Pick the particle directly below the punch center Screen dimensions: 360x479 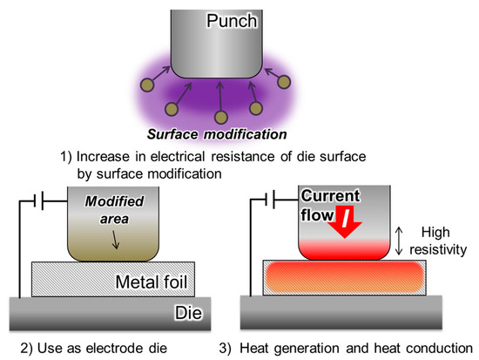tap(221, 117)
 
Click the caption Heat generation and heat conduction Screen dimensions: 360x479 tap(364, 348)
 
